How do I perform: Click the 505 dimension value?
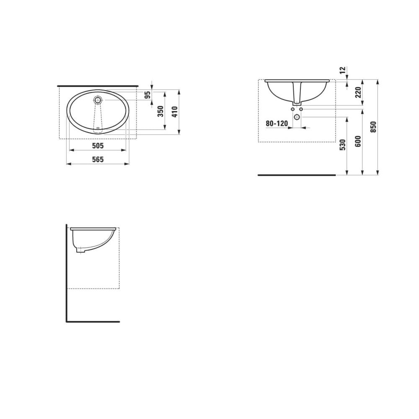(x=97, y=146)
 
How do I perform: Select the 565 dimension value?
(x=97, y=160)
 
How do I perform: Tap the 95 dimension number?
(x=147, y=95)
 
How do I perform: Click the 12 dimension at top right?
(x=343, y=70)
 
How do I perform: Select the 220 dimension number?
(x=358, y=92)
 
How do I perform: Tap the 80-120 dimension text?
(x=277, y=124)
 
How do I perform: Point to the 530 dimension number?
(x=343, y=145)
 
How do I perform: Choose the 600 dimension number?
(x=358, y=141)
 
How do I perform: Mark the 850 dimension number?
(x=373, y=127)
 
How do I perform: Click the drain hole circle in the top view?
(x=98, y=100)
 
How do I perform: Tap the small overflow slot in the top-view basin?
(x=98, y=128)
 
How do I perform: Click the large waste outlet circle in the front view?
(x=297, y=117)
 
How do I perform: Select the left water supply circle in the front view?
(x=292, y=109)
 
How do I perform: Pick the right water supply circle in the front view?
(x=301, y=109)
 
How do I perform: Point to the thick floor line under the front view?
(x=297, y=175)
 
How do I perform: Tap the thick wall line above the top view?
(x=98, y=85)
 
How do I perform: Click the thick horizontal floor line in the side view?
(x=93, y=322)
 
